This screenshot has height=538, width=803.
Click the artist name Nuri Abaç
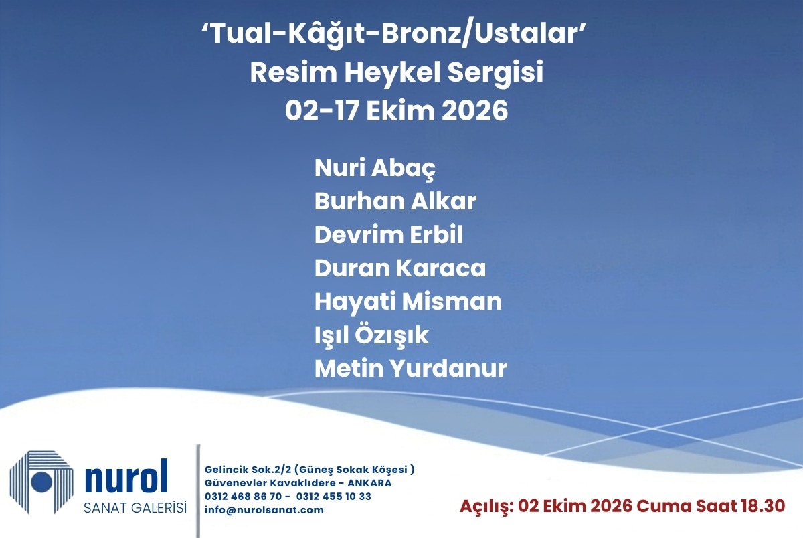(375, 169)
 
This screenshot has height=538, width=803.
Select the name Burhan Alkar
(395, 201)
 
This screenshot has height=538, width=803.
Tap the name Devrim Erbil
(389, 235)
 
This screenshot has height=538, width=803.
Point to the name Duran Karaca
(400, 268)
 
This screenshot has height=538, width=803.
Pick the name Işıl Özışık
(371, 335)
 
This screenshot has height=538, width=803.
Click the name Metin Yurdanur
(411, 369)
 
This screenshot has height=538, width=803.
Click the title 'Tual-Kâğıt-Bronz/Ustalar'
(393, 35)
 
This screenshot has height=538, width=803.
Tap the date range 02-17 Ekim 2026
(396, 110)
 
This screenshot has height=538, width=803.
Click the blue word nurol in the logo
(126, 476)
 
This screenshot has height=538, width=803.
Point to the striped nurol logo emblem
(41, 482)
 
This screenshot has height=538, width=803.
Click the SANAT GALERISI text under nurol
(135, 507)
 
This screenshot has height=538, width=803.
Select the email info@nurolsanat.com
(264, 510)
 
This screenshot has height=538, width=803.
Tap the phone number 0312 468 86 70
(244, 497)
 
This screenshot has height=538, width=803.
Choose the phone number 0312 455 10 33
(334, 497)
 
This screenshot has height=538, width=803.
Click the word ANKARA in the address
(369, 483)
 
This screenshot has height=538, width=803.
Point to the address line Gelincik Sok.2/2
(248, 470)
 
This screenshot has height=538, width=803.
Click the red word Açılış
(486, 507)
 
